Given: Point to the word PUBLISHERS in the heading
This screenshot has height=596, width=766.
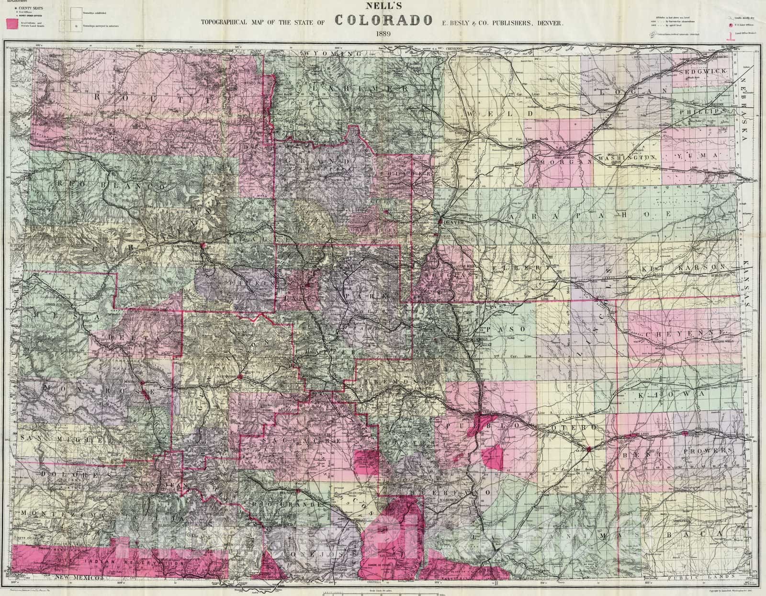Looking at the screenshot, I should [512, 22].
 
